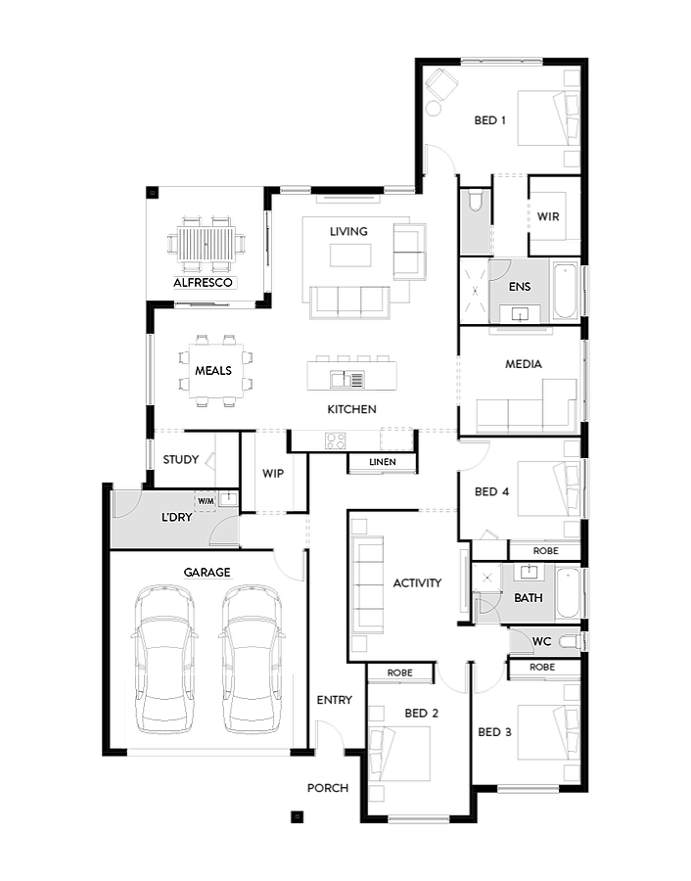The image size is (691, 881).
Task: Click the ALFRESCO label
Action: [x=205, y=283]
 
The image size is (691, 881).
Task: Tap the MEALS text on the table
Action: [x=213, y=371]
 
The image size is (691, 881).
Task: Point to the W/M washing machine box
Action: [x=206, y=501]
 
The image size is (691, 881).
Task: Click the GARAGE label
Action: [x=207, y=573]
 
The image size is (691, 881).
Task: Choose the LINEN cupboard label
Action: [x=383, y=462]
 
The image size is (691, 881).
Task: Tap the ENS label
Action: [x=520, y=287]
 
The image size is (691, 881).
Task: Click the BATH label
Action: [x=528, y=598]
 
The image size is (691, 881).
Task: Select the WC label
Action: [x=542, y=642]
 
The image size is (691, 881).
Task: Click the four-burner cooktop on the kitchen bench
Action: [x=336, y=441]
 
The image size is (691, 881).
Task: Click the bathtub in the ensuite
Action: [x=565, y=291]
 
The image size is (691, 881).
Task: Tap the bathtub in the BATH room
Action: [x=567, y=592]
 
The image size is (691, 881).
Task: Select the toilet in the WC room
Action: [x=572, y=641]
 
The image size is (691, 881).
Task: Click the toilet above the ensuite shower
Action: [x=475, y=202]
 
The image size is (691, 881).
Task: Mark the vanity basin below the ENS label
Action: [x=519, y=314]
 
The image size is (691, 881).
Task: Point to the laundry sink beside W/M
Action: [x=227, y=499]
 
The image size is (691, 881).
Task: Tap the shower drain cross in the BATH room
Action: [x=486, y=579]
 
